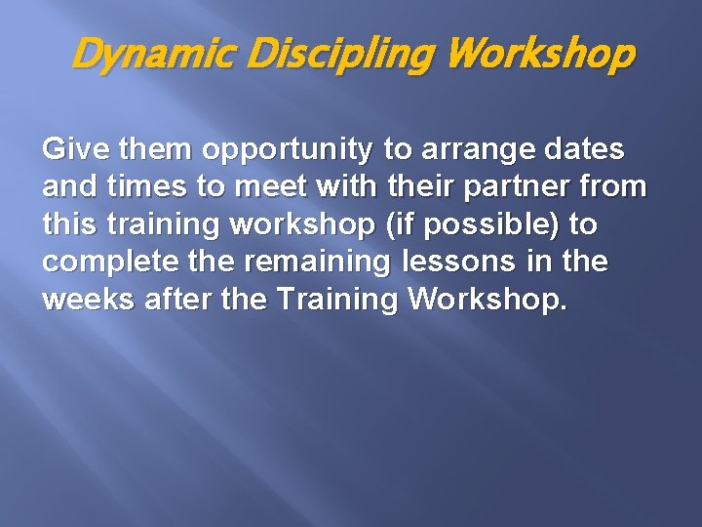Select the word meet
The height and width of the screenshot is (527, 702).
[x=271, y=187]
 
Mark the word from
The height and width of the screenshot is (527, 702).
[x=616, y=187]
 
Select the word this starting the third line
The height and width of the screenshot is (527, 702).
[x=65, y=224]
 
